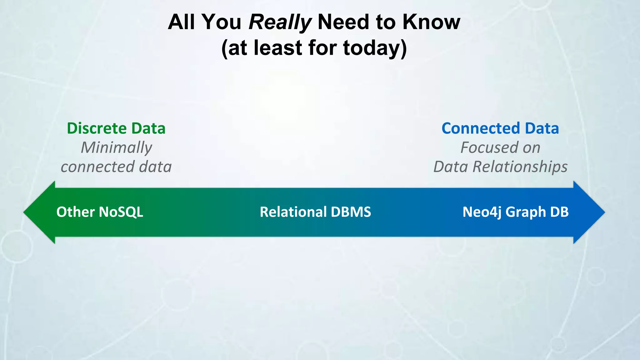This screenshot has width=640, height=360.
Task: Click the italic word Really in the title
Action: pyautogui.click(x=280, y=22)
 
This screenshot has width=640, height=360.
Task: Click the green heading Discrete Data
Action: pyautogui.click(x=116, y=128)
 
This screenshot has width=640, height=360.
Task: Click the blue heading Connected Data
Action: pyautogui.click(x=500, y=128)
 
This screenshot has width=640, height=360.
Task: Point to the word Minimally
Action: pyautogui.click(x=116, y=147)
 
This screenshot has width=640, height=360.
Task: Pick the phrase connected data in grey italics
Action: pyautogui.click(x=116, y=167)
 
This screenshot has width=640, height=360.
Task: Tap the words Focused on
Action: pyautogui.click(x=500, y=147)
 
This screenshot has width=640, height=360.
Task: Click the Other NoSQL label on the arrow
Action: pyautogui.click(x=100, y=212)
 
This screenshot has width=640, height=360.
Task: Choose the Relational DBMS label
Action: pyautogui.click(x=315, y=212)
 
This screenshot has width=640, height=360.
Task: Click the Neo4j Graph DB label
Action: pyautogui.click(x=515, y=212)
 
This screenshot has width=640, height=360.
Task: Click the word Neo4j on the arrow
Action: pyautogui.click(x=482, y=212)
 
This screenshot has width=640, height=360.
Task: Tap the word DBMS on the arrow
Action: pyautogui.click(x=351, y=212)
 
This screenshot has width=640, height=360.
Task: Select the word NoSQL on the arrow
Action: pyautogui.click(x=121, y=212)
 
